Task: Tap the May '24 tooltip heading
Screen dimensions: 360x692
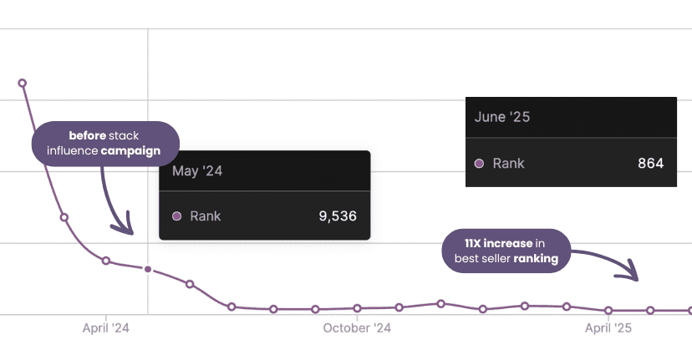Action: tap(198, 171)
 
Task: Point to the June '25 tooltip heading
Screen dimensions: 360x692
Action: tap(502, 117)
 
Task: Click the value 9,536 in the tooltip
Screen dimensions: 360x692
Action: tap(338, 216)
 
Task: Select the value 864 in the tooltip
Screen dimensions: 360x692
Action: tap(650, 163)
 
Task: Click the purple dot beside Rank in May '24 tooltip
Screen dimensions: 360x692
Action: tap(176, 216)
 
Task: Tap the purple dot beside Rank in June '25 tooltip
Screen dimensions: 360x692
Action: tap(479, 164)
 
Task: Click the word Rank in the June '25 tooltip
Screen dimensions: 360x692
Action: tap(508, 163)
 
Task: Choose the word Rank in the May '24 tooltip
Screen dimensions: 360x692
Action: tap(206, 216)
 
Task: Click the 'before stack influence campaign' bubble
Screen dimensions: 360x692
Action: tap(105, 143)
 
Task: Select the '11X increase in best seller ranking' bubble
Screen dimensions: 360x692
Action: tap(506, 251)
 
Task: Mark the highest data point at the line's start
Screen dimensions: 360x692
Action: tap(23, 83)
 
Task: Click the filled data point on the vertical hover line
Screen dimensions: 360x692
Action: tap(148, 269)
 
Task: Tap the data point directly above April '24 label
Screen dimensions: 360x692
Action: tap(106, 261)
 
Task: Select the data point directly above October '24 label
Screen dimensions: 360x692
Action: tap(357, 308)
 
